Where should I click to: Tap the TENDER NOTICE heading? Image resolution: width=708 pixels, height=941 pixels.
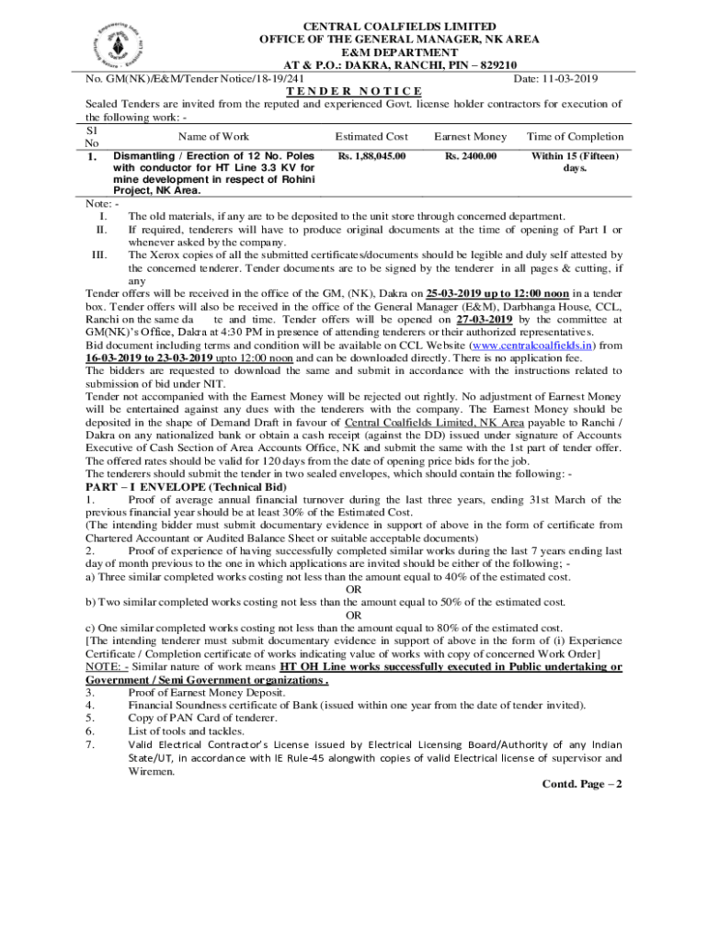tap(354, 91)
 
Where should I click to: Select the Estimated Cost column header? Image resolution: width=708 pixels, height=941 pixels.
tap(371, 137)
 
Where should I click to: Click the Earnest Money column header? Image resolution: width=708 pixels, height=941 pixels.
tap(470, 137)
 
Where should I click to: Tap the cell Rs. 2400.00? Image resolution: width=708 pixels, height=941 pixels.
tap(470, 156)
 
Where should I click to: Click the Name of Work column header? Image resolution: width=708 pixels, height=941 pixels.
tap(214, 137)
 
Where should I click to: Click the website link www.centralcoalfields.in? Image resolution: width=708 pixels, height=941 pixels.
tap(531, 346)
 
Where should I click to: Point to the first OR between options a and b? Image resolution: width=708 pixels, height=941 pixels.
tap(353, 589)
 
